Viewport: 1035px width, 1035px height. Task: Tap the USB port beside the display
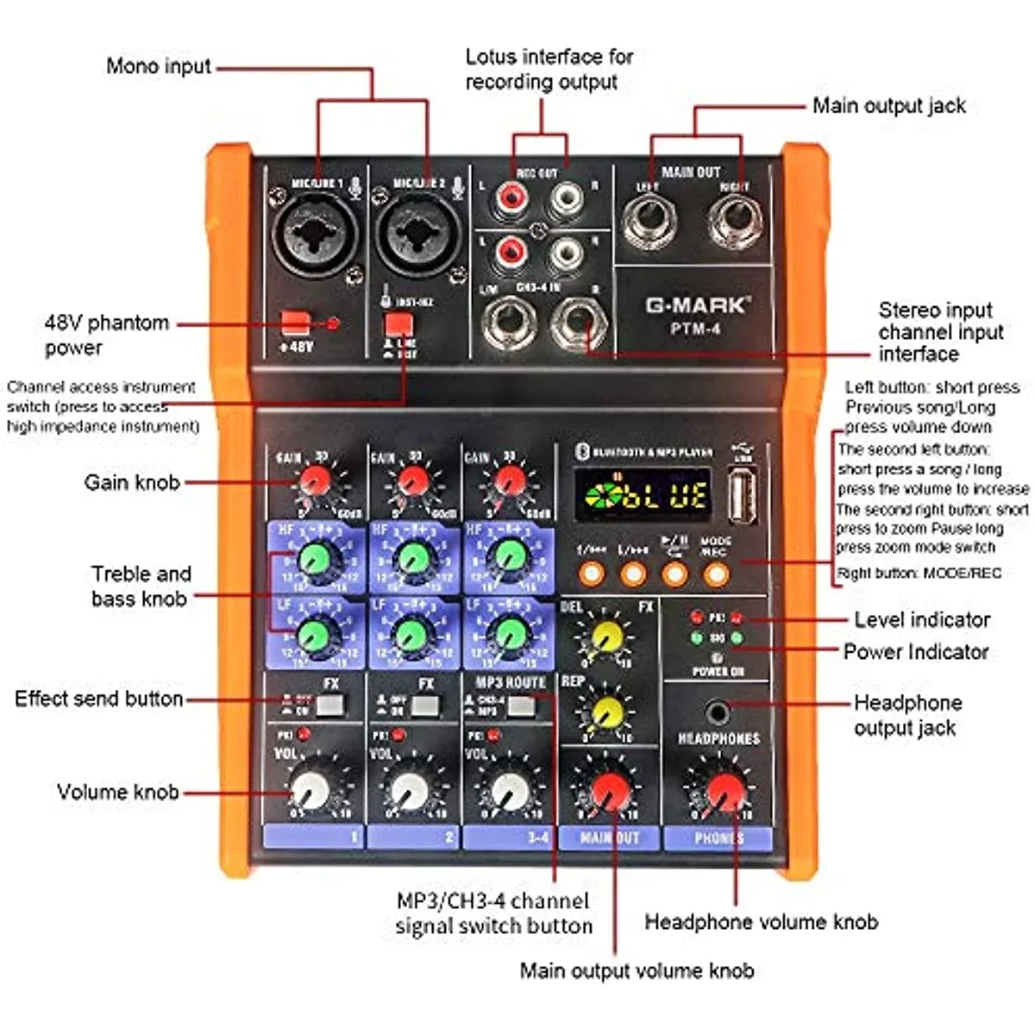pyautogui.click(x=742, y=495)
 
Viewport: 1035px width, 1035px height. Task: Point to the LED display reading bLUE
pyautogui.click(x=643, y=494)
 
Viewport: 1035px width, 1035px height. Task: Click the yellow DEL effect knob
pyautogui.click(x=607, y=637)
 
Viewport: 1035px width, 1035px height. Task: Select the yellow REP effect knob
pyautogui.click(x=607, y=712)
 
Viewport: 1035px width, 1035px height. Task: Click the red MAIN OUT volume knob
pyautogui.click(x=611, y=789)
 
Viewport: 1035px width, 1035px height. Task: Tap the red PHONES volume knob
pyautogui.click(x=724, y=789)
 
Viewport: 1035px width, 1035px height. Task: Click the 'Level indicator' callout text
pyautogui.click(x=921, y=619)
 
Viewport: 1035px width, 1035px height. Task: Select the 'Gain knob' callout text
pyautogui.click(x=131, y=482)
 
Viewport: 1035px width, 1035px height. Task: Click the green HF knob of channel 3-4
pyautogui.click(x=510, y=557)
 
